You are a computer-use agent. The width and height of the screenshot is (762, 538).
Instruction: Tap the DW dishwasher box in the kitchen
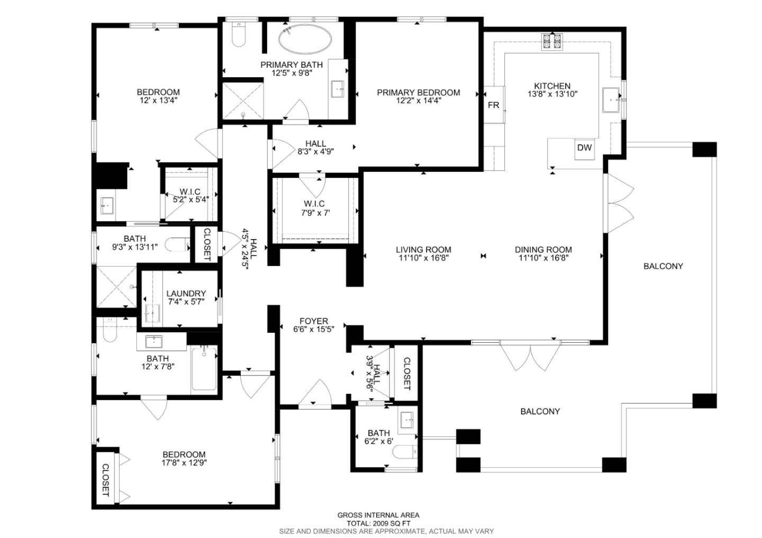coord(584,148)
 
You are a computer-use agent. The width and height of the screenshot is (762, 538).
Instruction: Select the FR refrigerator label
coord(493,105)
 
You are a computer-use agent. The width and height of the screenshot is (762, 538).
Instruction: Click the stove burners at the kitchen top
coord(552,41)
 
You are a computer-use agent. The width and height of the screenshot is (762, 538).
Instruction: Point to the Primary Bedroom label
coord(418,93)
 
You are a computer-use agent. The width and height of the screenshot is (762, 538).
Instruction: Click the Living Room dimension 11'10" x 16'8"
coord(423,258)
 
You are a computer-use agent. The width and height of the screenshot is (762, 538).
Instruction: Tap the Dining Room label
coord(543,250)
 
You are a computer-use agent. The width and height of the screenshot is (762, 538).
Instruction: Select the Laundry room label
coord(186,294)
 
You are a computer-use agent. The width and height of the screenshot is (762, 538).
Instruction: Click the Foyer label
coord(313,321)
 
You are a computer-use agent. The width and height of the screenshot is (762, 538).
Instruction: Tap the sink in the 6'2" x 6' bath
coord(407,421)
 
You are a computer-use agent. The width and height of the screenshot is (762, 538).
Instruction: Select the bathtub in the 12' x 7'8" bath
coord(204,368)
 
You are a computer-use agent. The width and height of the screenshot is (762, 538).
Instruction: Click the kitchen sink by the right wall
coord(612,101)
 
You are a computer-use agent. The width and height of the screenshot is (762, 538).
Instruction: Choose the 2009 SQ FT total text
coord(378,523)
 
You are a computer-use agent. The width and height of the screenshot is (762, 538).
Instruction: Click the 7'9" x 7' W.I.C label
coord(314,208)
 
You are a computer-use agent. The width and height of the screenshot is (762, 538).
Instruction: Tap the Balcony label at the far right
coord(663,266)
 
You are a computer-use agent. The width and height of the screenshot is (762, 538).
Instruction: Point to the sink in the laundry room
coord(152,313)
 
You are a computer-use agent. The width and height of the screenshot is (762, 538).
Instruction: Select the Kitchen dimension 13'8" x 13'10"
coord(552,94)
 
